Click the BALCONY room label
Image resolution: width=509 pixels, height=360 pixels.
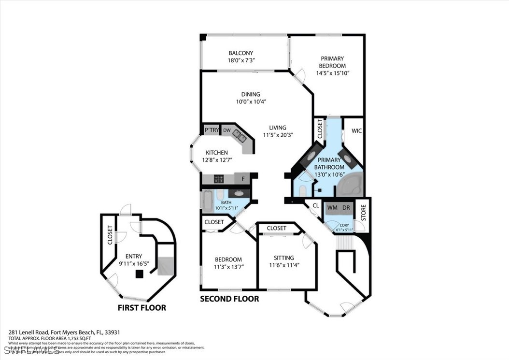240,53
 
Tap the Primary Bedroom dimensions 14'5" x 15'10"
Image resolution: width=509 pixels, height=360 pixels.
332,73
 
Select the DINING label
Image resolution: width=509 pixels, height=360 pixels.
251,95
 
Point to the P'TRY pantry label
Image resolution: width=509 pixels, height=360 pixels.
211,130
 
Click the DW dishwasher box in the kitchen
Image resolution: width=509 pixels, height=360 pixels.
226,130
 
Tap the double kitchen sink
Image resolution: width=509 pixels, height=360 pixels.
240,136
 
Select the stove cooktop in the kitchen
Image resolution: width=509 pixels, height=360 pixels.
219,179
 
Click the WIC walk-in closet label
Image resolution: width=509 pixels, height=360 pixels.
356,131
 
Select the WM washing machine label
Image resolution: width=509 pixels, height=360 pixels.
332,208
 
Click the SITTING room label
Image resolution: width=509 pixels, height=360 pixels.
283,258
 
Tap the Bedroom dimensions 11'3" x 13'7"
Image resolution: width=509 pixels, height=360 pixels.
229,266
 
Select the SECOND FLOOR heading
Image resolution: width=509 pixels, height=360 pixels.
229,299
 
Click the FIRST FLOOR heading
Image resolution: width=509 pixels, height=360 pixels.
142,308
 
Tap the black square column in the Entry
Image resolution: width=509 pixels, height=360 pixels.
140,274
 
